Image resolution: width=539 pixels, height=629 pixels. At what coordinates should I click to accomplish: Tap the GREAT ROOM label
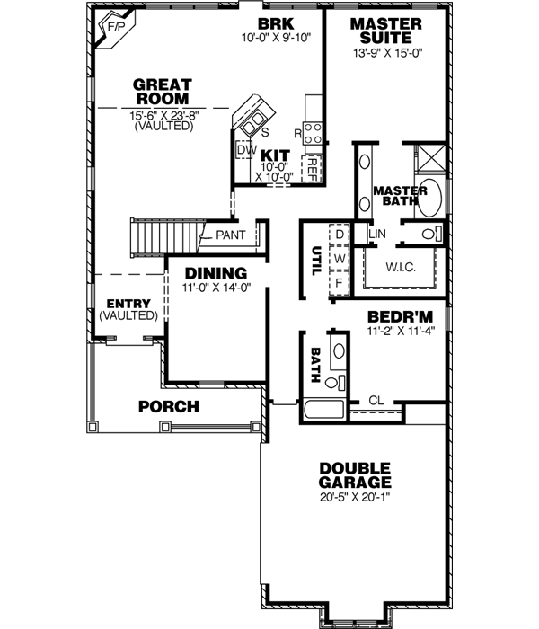(x=162, y=92)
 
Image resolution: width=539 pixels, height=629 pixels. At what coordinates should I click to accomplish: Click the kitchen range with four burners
(x=314, y=133)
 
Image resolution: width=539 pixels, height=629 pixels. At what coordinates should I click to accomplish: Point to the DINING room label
(x=216, y=273)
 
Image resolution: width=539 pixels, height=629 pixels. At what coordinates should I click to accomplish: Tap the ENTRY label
(x=128, y=304)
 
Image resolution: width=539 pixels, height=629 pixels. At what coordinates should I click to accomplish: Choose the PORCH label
(x=168, y=407)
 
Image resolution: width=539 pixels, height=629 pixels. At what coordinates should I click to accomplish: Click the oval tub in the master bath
(x=432, y=197)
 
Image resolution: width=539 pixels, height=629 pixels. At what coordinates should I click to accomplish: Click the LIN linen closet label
(x=377, y=234)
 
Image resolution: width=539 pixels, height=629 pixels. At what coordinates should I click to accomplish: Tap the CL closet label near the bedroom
(x=376, y=402)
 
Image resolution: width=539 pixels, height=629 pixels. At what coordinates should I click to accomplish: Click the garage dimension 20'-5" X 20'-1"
(x=354, y=496)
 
